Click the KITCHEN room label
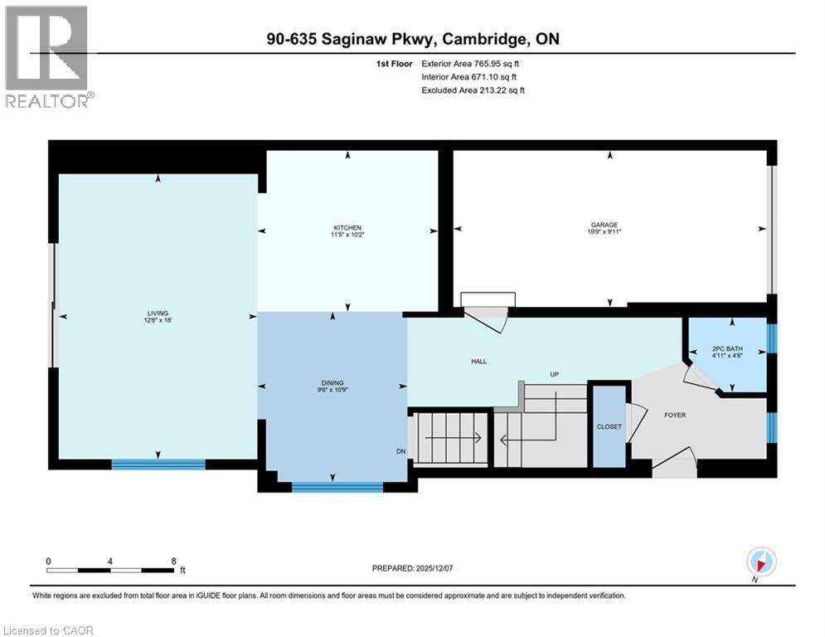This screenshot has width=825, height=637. pos(347,228)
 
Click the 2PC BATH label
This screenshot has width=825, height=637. pos(728,348)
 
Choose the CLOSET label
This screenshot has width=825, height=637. pos(609,427)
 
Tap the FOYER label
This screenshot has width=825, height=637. pos(674,415)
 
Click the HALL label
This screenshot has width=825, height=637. pos(478,362)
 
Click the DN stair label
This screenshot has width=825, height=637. pos(400,452)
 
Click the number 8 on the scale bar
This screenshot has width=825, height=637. pos(173,561)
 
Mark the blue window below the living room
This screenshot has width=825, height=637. pos(158,464)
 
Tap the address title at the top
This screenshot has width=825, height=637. pos(412,40)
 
